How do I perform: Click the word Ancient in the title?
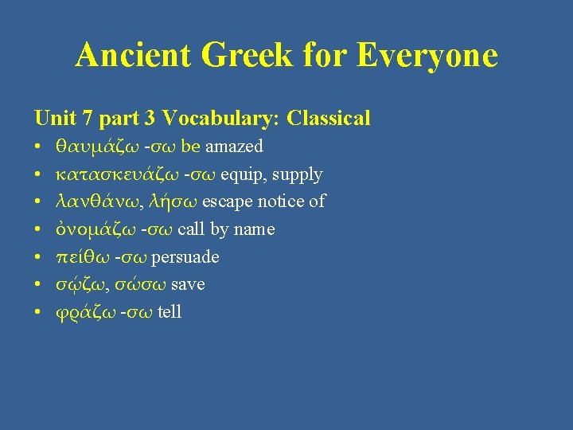(x=133, y=56)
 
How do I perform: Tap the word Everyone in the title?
(x=427, y=56)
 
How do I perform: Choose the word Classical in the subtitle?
(x=329, y=119)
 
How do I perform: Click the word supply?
(x=297, y=174)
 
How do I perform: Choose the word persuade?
(x=185, y=257)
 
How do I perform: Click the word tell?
(x=170, y=312)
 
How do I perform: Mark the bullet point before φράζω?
(x=38, y=312)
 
